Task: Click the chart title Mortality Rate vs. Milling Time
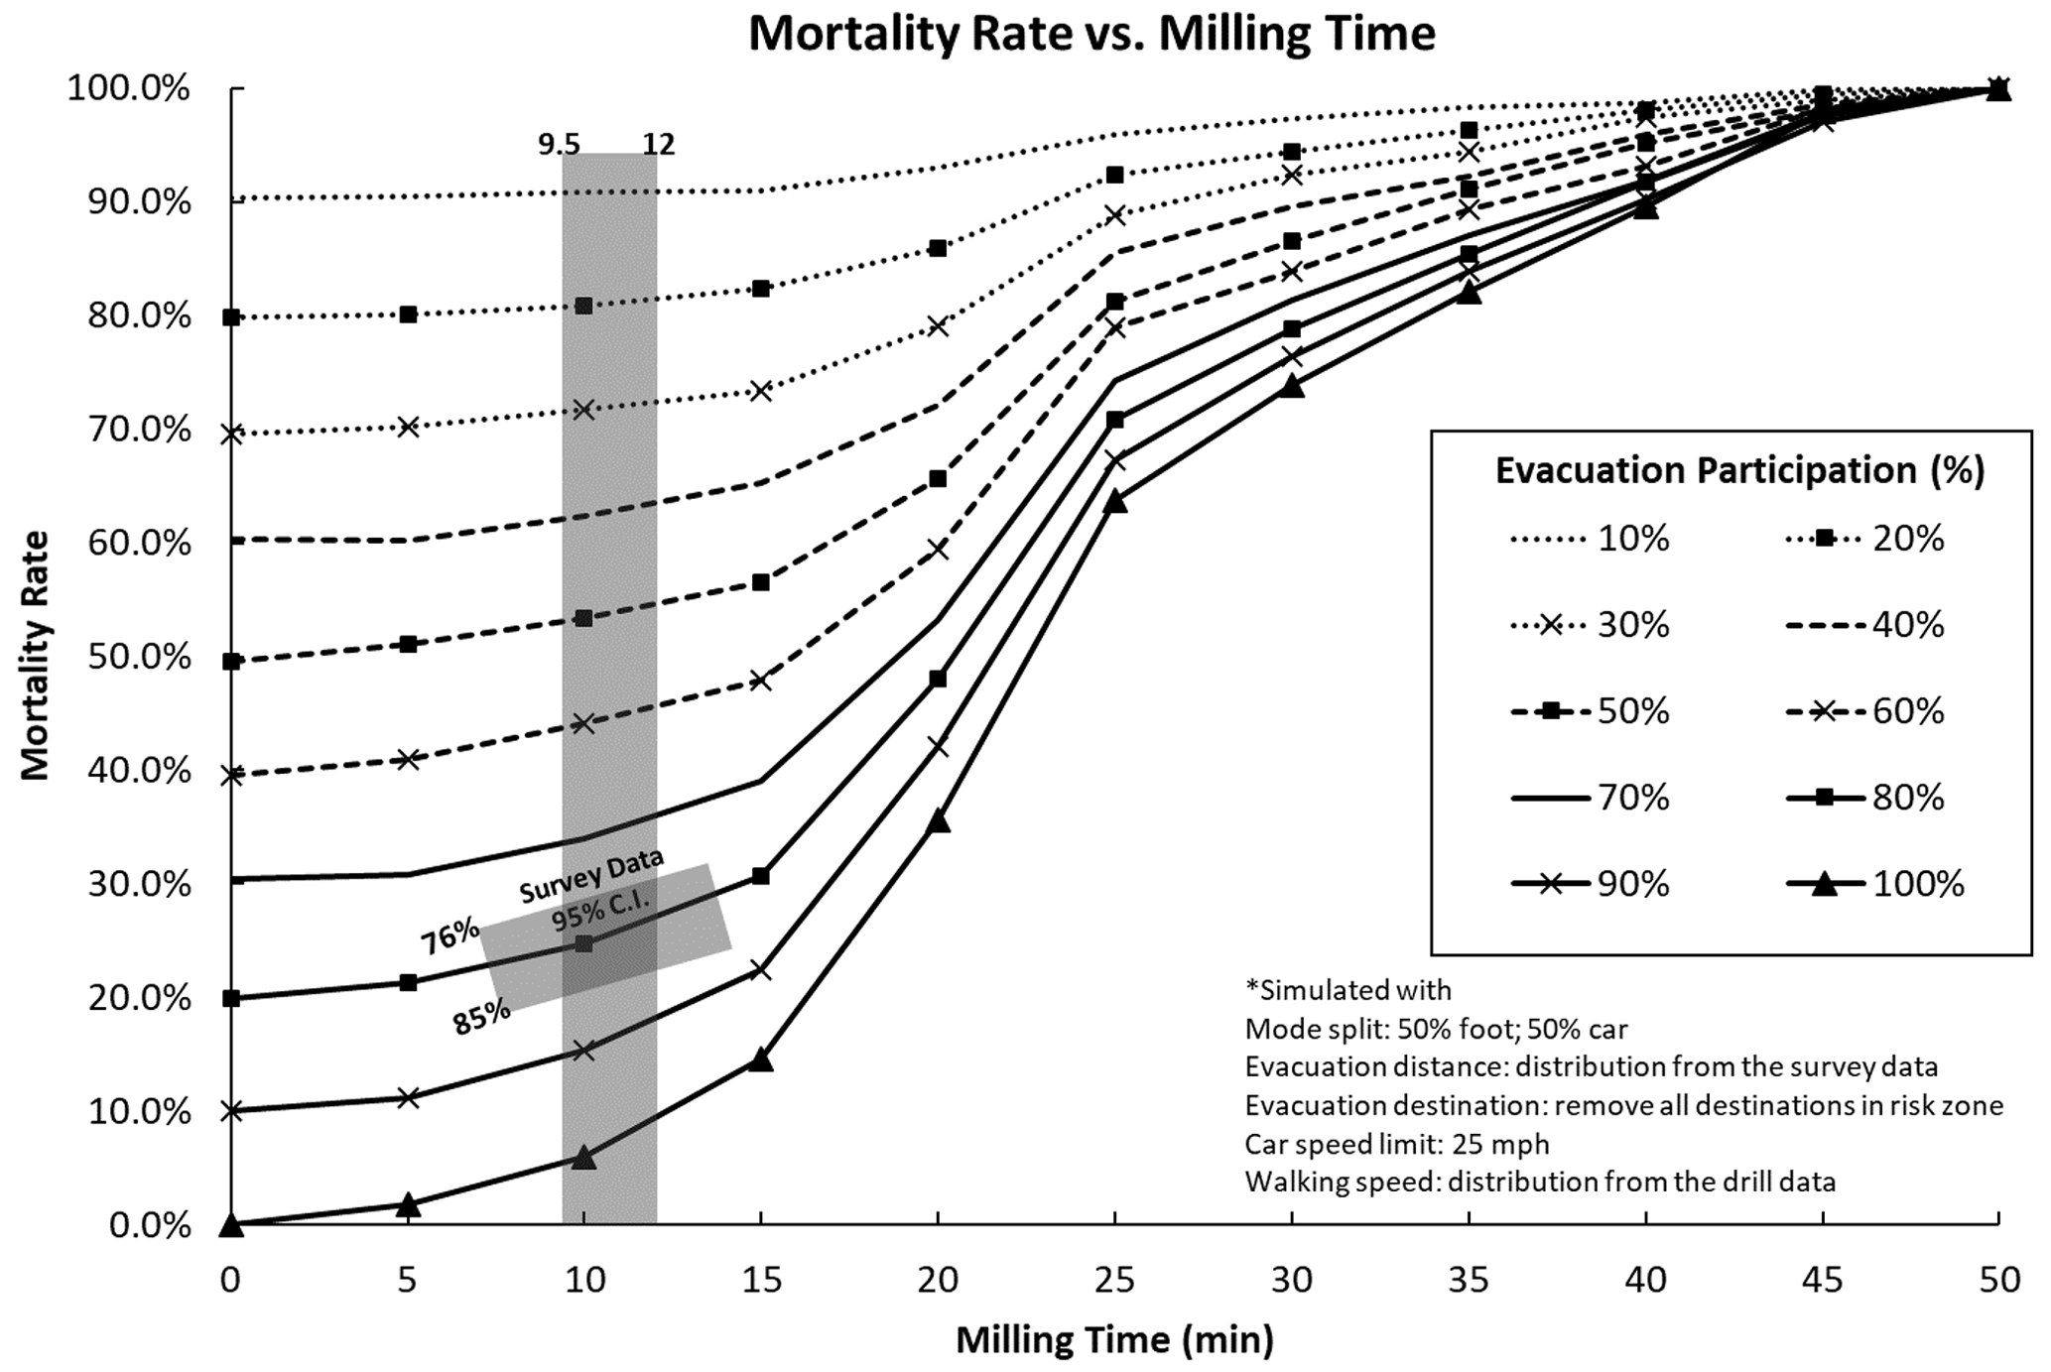[1091, 34]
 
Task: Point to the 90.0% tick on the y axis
[139, 202]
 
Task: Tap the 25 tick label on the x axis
[1114, 1281]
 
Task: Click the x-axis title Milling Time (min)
[1114, 1340]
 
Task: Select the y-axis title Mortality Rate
[36, 656]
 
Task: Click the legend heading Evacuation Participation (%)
[1739, 470]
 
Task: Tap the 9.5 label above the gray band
[559, 145]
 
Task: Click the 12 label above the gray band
[658, 145]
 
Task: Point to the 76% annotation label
[449, 935]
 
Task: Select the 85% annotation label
[482, 1018]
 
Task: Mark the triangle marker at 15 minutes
[761, 1060]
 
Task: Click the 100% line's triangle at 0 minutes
[231, 1224]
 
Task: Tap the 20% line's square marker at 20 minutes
[938, 248]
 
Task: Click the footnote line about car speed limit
[1397, 1144]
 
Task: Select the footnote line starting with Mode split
[1436, 1029]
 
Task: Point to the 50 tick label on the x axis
[1999, 1281]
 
